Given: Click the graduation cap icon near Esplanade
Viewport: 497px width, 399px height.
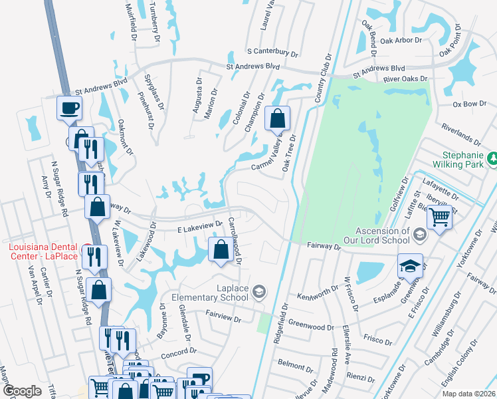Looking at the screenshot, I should (x=410, y=266).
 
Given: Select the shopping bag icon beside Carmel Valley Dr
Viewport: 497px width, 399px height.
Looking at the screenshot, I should (x=278, y=119).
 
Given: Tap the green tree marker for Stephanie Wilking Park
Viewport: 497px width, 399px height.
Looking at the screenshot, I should (x=492, y=158).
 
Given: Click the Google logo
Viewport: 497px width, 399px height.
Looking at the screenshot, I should (x=22, y=391).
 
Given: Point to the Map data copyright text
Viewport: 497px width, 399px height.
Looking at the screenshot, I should (x=468, y=394).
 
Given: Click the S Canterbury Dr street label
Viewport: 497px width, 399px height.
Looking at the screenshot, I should (x=272, y=51).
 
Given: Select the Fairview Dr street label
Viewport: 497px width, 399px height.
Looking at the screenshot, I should (x=223, y=318).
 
